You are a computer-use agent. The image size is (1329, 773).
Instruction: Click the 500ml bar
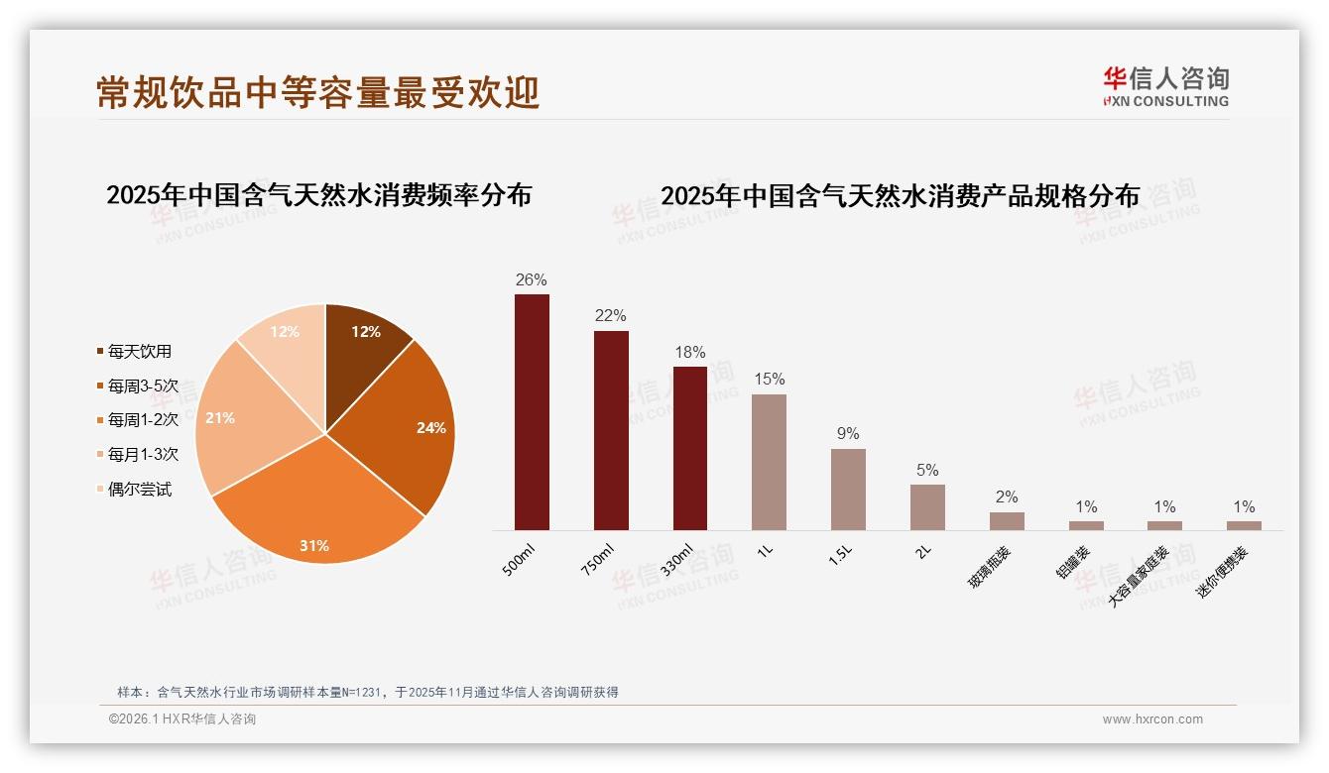(532, 411)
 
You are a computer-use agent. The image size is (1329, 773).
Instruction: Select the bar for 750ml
(611, 430)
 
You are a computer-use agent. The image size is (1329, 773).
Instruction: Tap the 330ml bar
(690, 448)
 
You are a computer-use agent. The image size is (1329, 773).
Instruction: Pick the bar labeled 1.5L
(848, 489)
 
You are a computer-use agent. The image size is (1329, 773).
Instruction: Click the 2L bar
(927, 506)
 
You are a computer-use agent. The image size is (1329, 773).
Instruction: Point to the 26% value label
(532, 279)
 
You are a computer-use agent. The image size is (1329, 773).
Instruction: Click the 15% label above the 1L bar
(769, 379)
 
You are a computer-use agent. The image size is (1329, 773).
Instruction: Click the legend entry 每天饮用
(139, 351)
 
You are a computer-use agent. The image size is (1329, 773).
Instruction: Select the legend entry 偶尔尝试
(139, 490)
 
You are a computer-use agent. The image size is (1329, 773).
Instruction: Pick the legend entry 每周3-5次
(143, 386)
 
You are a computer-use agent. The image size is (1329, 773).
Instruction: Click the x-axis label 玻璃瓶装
(993, 564)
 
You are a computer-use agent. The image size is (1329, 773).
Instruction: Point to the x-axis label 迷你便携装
(1222, 573)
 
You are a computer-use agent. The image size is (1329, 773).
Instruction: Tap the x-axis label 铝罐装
(1073, 560)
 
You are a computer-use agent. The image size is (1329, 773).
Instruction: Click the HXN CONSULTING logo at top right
(1165, 87)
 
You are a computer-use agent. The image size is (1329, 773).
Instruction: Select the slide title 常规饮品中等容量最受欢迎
(318, 92)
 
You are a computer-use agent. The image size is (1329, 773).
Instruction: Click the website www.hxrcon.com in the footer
(1152, 719)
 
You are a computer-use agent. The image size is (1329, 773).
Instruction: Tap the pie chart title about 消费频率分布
(318, 194)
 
